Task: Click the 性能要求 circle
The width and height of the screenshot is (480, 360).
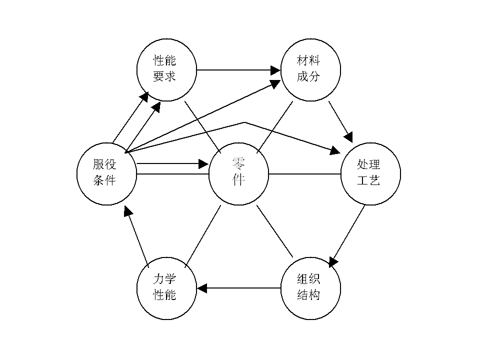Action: coord(166,69)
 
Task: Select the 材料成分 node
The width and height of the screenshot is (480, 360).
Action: coord(310,69)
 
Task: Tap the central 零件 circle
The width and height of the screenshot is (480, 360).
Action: coord(238,174)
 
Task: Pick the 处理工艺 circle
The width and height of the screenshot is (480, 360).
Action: coord(370,174)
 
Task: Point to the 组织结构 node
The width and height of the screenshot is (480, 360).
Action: coord(310,289)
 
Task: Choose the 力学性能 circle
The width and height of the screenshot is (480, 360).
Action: coord(166,289)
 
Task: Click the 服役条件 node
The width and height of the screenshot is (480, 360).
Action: coord(106,174)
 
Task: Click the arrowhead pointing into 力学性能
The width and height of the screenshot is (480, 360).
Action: coord(202,288)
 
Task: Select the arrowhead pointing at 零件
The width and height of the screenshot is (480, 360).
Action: coord(203,163)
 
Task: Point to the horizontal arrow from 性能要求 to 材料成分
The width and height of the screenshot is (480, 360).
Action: coord(235,69)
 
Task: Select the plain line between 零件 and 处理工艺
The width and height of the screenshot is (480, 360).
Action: coord(305,174)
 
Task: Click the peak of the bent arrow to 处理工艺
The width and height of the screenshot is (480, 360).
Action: coord(244,122)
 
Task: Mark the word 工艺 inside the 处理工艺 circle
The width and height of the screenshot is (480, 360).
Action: coord(370,180)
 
